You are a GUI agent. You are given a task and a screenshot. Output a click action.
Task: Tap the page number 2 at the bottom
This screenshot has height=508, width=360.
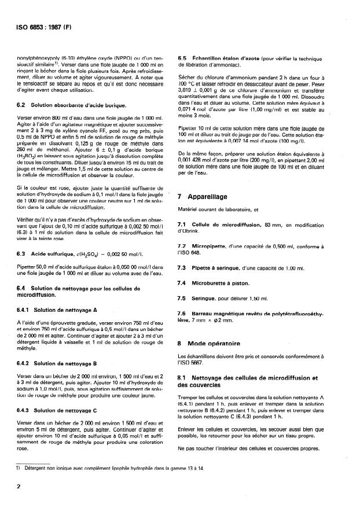(19, 488)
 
